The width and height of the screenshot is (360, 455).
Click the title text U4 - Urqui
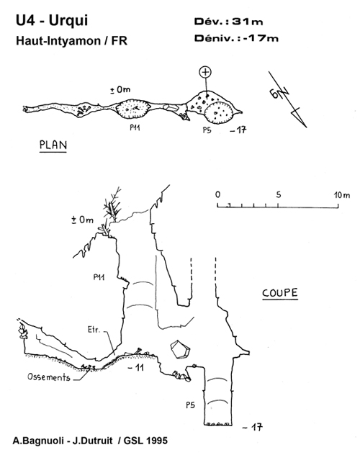[52, 21]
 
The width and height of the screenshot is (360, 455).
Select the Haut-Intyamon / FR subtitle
[72, 41]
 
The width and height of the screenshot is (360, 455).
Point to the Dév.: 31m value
[228, 21]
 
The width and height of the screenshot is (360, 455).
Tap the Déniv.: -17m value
[236, 38]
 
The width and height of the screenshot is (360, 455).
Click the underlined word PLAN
[53, 145]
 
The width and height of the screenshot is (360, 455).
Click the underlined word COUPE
[280, 293]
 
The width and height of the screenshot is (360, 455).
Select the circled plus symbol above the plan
[205, 72]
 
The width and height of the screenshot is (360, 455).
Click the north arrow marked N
[287, 99]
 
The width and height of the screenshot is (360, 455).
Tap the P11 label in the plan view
[135, 127]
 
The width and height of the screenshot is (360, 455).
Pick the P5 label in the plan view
[207, 130]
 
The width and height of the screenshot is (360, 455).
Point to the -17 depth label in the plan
[238, 130]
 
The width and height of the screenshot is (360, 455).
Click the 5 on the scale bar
[279, 194]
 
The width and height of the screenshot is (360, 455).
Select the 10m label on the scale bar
[342, 194]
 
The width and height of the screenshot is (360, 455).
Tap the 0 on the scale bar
[218, 194]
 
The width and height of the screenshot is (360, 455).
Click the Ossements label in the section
[49, 377]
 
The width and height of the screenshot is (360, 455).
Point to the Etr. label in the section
[94, 330]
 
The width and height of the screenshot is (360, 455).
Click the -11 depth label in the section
[136, 368]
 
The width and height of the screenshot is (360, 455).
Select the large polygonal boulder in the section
[180, 349]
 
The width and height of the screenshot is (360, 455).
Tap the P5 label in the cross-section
[191, 405]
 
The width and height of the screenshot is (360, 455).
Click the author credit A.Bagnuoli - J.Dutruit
[63, 441]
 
